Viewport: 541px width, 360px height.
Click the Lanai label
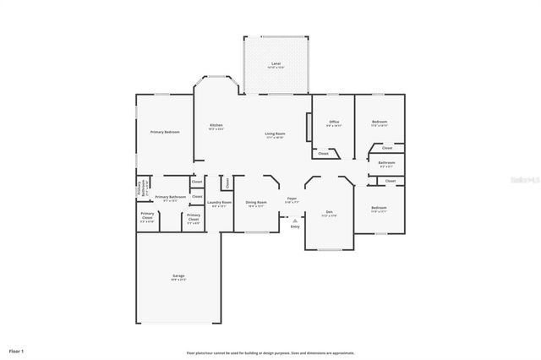pos(276,64)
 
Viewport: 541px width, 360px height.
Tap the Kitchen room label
pos(216,126)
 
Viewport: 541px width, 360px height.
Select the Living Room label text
pos(275,134)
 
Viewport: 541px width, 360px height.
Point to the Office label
pos(334,123)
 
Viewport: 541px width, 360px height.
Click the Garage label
pos(178,275)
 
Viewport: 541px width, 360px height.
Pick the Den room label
pos(329,212)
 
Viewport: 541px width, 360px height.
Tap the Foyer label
pos(292,199)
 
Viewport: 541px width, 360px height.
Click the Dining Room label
pos(256,202)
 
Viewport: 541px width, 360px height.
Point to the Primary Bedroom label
pos(165,132)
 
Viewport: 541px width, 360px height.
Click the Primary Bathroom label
pos(170,199)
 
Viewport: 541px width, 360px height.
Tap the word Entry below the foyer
pos(295,226)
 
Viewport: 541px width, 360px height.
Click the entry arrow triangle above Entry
pos(295,218)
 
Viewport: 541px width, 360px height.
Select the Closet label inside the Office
pos(323,154)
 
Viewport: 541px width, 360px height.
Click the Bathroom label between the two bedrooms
pos(386,163)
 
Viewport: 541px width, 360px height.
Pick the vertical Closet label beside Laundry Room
pos(227,183)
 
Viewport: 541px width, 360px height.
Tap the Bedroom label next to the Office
pos(380,123)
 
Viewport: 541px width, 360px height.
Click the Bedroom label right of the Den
pos(379,208)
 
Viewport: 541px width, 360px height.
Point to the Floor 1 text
pos(17,350)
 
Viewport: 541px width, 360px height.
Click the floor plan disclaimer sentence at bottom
pos(270,352)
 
